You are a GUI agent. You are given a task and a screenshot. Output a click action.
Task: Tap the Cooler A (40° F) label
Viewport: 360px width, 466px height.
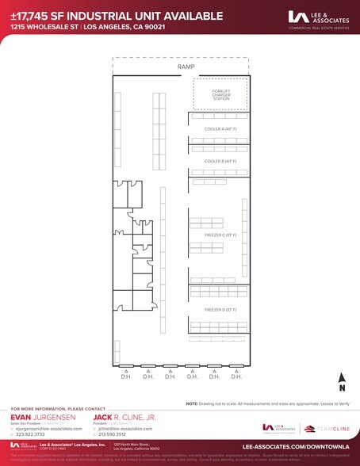tap(217, 129)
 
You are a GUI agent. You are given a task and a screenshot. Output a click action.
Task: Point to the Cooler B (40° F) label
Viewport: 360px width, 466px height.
tap(217, 161)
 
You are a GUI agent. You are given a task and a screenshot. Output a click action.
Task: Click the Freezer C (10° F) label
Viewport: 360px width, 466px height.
tap(217, 235)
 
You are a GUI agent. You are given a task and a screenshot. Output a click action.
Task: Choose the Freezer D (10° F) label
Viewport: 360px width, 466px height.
tap(217, 309)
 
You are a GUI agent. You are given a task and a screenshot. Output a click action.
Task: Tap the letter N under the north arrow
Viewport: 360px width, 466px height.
tap(342, 389)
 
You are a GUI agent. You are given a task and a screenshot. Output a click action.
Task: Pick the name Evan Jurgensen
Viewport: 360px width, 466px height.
tap(44, 417)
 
